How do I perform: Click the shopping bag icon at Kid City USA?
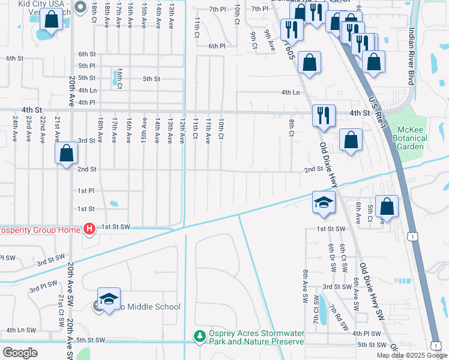(x=52, y=20)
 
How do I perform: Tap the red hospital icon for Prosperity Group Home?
(x=89, y=229)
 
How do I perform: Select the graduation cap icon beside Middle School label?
(x=109, y=299)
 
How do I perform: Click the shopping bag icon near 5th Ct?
(x=387, y=206)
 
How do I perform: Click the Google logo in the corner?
(x=20, y=352)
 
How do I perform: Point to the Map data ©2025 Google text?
(x=412, y=355)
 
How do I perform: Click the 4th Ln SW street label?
(x=21, y=330)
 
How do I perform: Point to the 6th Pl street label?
(x=217, y=46)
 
